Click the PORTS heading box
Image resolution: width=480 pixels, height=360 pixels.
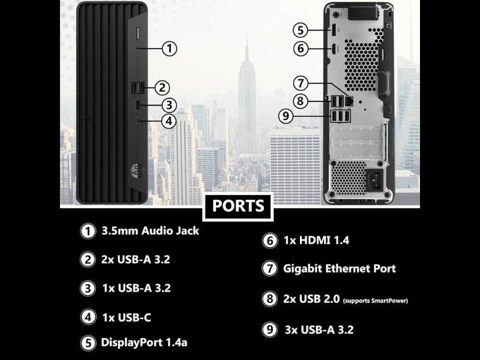238,206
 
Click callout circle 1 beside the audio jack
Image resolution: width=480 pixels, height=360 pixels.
169,49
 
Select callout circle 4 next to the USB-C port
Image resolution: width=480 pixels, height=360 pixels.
169,121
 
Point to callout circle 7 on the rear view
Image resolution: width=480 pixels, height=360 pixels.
301,83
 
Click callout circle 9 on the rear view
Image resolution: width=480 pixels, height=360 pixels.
286,116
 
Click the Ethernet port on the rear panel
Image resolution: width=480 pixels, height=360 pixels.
349,101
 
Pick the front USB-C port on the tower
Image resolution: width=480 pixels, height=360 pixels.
138,121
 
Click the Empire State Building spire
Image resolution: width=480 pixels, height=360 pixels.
247,42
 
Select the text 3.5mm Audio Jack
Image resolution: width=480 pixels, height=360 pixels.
151,231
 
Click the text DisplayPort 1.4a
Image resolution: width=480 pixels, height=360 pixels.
144,342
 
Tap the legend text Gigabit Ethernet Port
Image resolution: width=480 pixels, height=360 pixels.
339,268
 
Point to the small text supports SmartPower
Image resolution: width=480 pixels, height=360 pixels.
376,301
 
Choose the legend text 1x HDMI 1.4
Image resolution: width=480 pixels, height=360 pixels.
316,241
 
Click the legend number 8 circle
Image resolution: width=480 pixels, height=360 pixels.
269,298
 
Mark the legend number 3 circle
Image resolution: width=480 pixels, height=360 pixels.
88,289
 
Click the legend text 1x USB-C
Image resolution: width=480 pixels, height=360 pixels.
127,317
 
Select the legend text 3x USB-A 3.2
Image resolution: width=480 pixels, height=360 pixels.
319,330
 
